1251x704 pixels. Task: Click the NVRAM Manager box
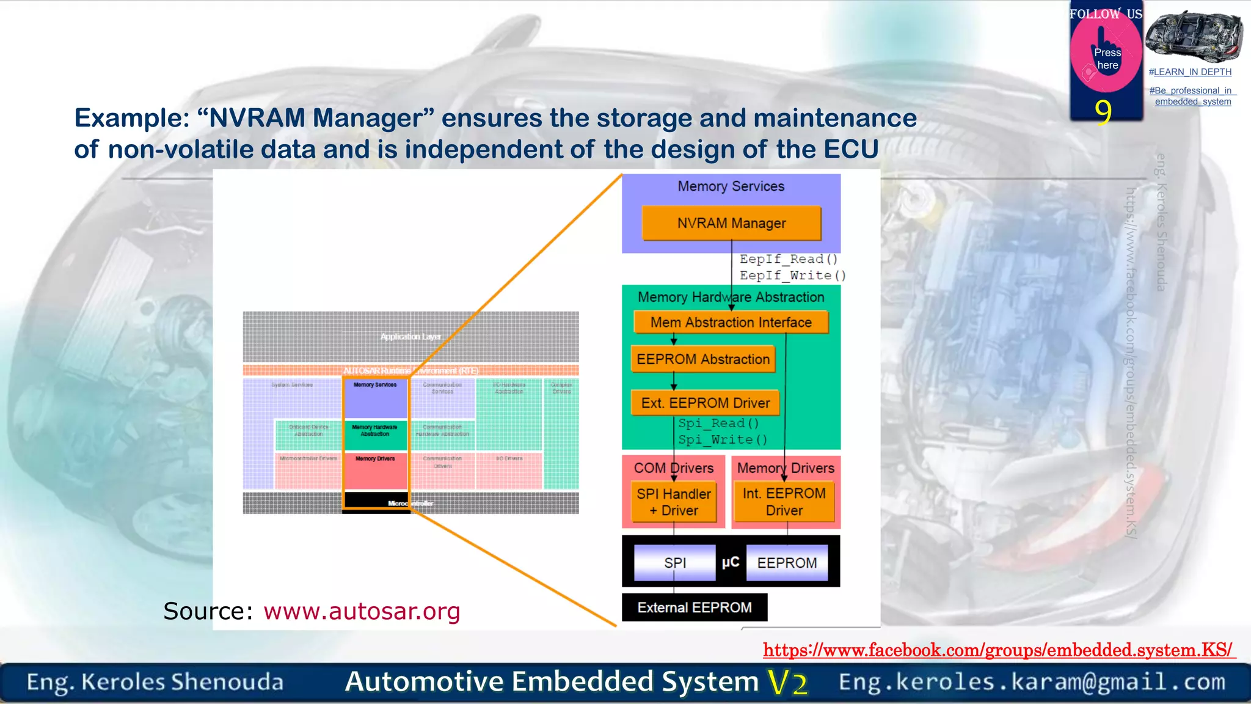click(731, 223)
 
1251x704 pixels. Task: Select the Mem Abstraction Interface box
click(731, 322)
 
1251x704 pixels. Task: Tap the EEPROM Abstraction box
click(702, 359)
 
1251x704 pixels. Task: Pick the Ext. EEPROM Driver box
click(705, 403)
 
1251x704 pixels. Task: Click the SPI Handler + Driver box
click(674, 502)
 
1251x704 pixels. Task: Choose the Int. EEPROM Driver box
click(784, 502)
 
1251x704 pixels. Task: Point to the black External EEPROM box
click(695, 607)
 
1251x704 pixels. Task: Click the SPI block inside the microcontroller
click(674, 563)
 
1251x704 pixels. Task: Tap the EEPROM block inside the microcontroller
click(787, 563)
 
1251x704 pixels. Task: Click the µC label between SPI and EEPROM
click(731, 562)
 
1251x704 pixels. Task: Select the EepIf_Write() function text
click(793, 276)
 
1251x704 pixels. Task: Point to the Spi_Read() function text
click(719, 423)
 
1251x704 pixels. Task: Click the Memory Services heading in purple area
click(731, 186)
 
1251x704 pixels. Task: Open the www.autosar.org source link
click(362, 611)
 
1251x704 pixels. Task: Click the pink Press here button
click(1107, 59)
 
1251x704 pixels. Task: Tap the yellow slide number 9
click(1103, 112)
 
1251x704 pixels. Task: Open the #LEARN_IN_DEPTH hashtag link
click(1190, 72)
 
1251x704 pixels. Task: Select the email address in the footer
click(1032, 682)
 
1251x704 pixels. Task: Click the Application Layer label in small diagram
click(410, 337)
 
